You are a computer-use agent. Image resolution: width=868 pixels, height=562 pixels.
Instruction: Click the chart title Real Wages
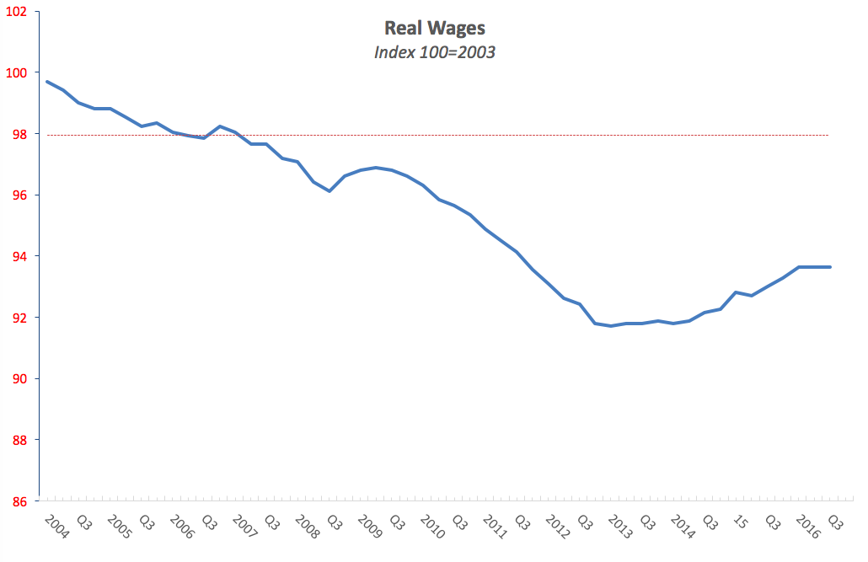(435, 29)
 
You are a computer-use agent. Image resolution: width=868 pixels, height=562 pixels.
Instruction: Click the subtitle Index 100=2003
(435, 51)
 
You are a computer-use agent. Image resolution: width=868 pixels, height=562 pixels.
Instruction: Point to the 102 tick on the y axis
(17, 12)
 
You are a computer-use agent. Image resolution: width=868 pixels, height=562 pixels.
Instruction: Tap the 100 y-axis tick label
(17, 73)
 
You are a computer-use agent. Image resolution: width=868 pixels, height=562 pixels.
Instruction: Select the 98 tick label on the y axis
(19, 135)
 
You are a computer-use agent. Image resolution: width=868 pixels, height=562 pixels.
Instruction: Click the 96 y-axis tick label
(19, 195)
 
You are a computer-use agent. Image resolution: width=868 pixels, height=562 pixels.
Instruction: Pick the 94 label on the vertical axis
(19, 257)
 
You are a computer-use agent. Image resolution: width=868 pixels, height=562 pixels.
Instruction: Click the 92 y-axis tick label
(19, 318)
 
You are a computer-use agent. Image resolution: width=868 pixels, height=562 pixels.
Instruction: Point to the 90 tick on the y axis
(19, 379)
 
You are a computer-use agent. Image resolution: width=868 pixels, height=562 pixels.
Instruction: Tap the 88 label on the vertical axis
(19, 441)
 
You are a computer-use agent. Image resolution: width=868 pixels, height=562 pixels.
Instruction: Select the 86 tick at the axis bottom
(19, 502)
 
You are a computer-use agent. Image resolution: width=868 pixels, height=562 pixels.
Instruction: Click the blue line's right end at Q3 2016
(830, 267)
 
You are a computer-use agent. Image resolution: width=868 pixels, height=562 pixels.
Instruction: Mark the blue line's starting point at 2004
(47, 82)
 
